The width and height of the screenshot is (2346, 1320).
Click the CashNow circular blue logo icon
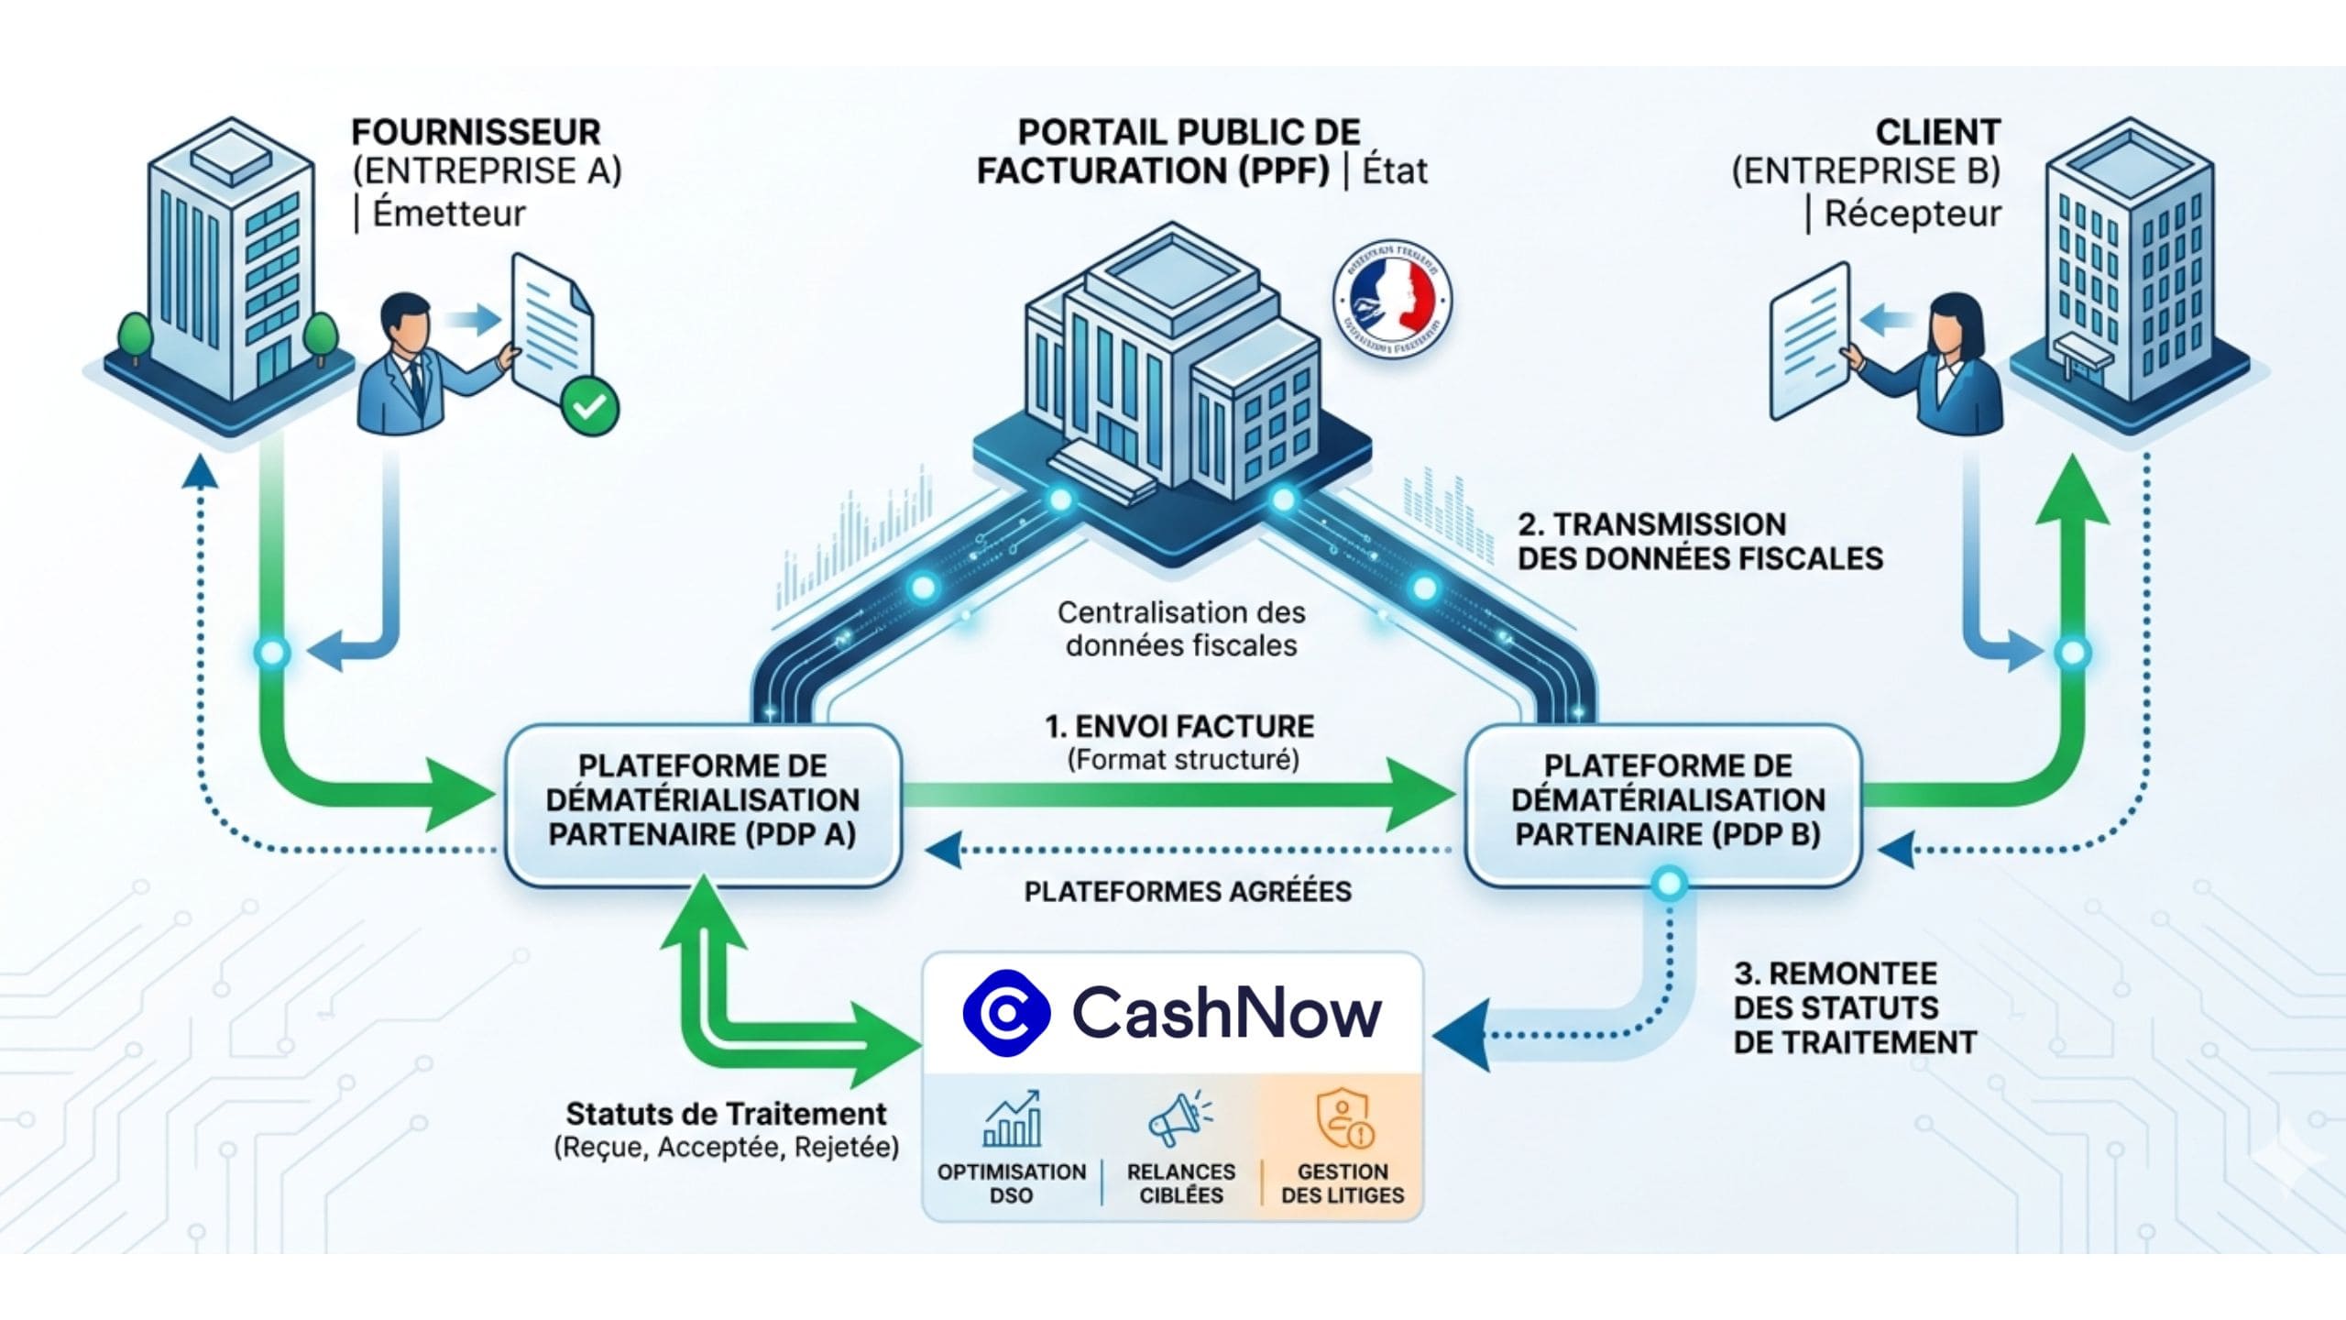pos(1006,1013)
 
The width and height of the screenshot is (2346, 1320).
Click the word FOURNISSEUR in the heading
pos(476,132)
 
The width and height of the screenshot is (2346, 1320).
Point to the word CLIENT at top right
pos(1936,132)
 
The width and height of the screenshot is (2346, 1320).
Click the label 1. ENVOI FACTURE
pos(1179,727)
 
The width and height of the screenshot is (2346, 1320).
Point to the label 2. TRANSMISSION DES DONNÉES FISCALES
pos(1698,541)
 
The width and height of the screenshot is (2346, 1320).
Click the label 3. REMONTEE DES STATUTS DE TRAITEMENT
pos(1853,1007)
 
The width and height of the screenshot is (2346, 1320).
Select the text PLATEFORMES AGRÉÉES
pos(1188,892)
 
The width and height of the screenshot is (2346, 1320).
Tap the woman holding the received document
pos(1952,367)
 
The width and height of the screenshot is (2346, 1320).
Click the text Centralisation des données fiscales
pos(1180,629)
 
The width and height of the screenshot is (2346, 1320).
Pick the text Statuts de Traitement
pos(726,1114)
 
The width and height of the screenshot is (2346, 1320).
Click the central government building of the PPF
pos(1173,367)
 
